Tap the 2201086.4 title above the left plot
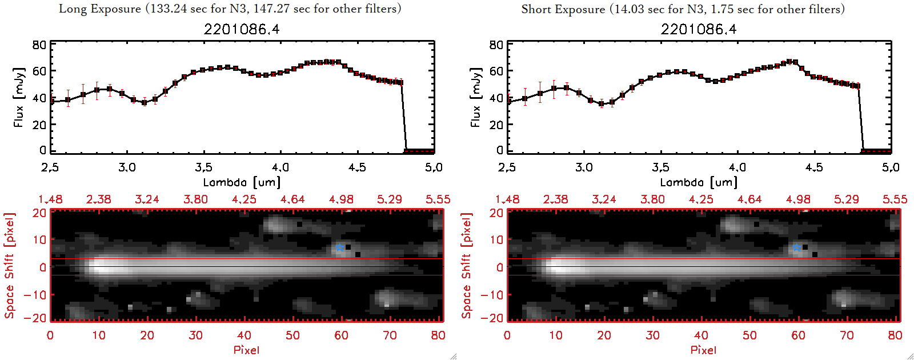coord(242,29)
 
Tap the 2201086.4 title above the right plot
coord(699,29)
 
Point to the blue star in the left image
coord(339,247)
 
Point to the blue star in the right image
coord(796,247)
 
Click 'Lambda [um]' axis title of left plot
coord(242,182)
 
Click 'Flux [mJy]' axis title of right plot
coord(475,97)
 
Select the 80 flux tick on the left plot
coord(39,45)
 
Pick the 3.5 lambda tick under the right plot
coord(660,167)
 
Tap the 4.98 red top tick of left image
coord(341,199)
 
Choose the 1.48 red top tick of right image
coord(507,199)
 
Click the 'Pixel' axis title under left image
coord(246,350)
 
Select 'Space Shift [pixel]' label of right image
coord(466,266)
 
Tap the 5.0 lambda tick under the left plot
coord(434,167)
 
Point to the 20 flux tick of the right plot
coord(496,125)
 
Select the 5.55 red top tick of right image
coord(895,199)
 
